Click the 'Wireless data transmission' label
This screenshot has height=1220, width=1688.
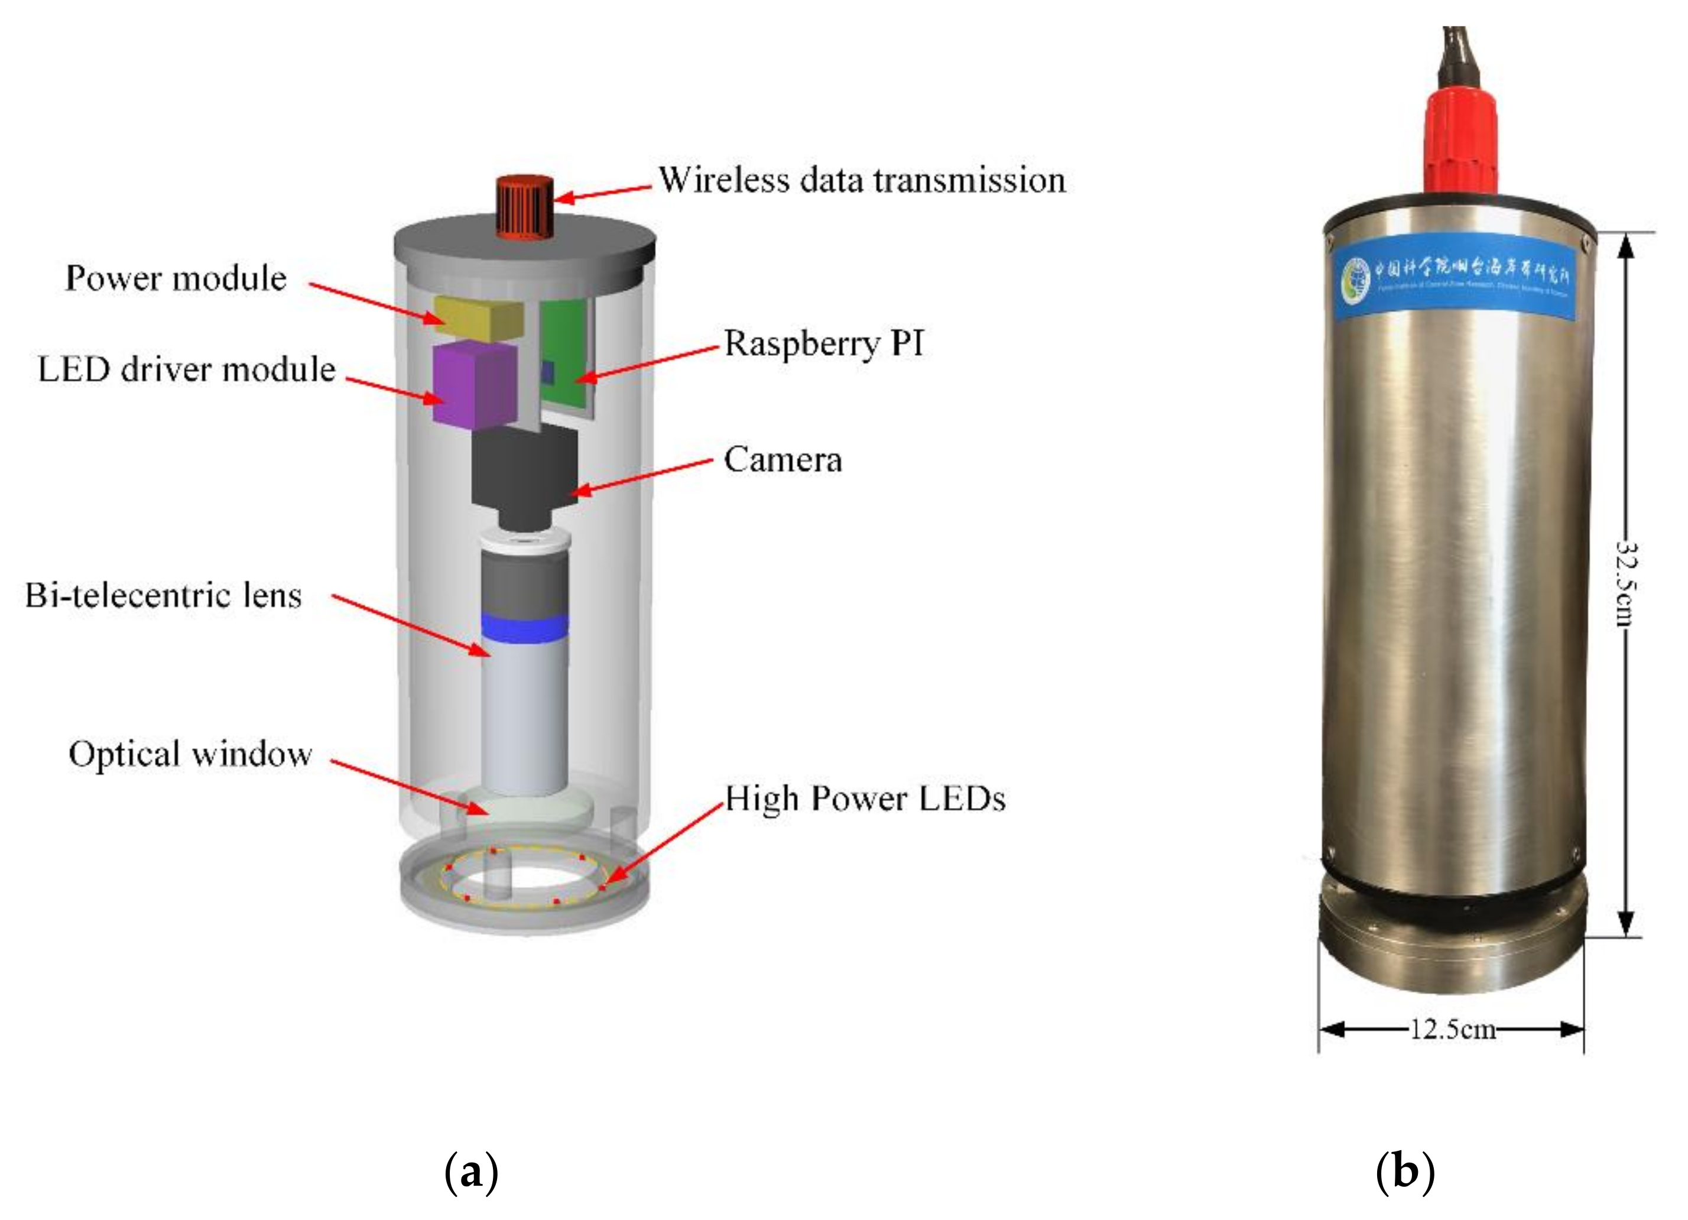click(862, 180)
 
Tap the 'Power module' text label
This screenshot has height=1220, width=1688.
click(176, 278)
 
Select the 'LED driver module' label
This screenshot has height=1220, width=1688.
click(187, 369)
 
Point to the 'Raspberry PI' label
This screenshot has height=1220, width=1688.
click(824, 344)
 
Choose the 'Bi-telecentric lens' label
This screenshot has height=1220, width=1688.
click(164, 595)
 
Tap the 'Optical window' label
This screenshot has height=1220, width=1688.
click(190, 754)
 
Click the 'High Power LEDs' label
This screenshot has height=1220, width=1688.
click(865, 799)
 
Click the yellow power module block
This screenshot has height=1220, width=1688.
click(479, 318)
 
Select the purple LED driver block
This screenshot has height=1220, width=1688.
click(474, 385)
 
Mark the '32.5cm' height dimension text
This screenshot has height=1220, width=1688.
click(1627, 585)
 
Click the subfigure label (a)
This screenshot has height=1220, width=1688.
click(470, 1174)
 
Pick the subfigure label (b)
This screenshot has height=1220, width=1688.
click(1404, 1174)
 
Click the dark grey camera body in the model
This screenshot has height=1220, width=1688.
click(525, 469)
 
